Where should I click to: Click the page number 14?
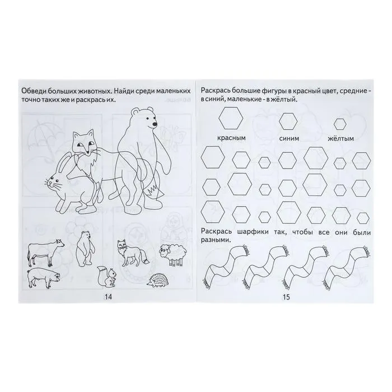click(109, 297)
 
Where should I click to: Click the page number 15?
click(286, 297)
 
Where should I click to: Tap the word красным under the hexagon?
click(231, 138)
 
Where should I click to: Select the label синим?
click(289, 138)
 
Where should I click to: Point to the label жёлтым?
click(341, 138)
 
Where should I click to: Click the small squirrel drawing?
click(106, 276)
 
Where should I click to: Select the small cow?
click(46, 251)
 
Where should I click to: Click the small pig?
click(44, 278)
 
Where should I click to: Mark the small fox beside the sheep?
click(133, 253)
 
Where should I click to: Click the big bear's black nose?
click(155, 124)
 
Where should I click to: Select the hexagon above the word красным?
click(231, 118)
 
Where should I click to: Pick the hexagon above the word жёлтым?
click(340, 124)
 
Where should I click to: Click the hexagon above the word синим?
click(288, 122)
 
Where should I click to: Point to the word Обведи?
click(34, 91)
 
